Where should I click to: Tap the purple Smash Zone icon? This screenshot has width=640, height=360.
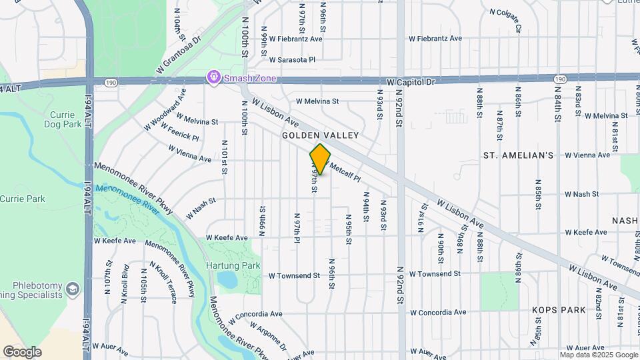point(213,78)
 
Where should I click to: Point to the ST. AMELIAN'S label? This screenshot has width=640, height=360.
point(518,155)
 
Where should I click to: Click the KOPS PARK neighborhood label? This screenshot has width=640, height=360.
point(559,310)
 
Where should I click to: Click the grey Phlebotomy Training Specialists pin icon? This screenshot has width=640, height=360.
point(73,289)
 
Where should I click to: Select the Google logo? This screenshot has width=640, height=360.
point(22,352)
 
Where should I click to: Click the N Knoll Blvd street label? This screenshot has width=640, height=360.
point(125,287)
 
